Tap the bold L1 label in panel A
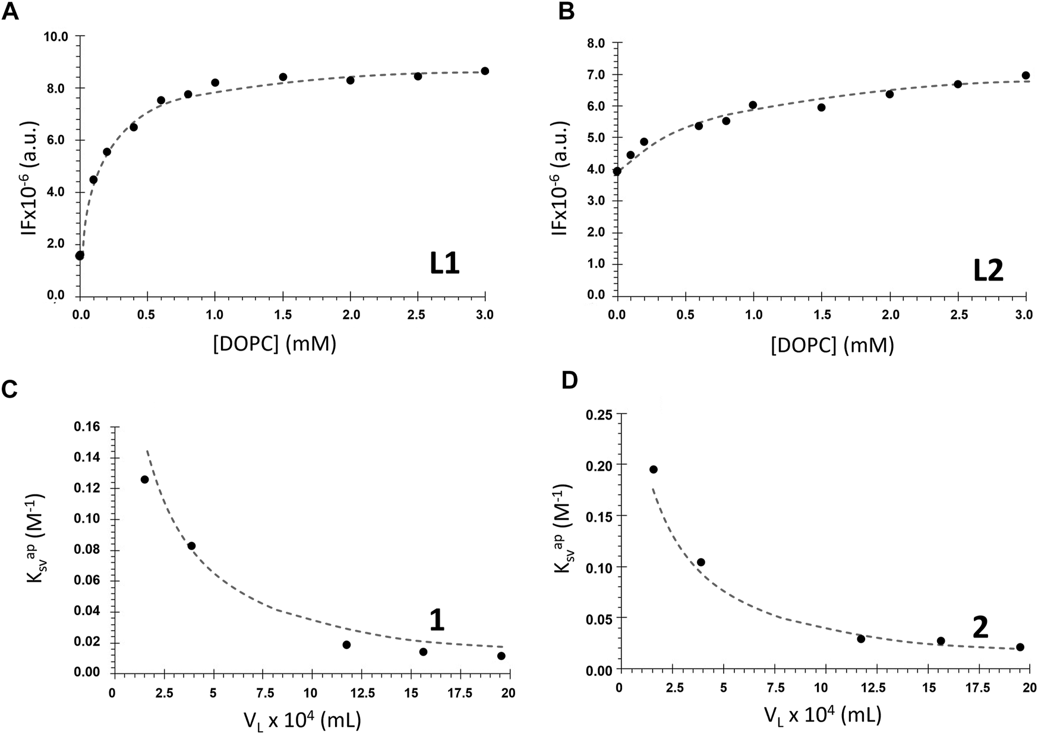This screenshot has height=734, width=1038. coord(444,264)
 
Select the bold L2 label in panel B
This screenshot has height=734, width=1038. coord(987,271)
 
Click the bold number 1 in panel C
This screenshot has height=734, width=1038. coord(437,621)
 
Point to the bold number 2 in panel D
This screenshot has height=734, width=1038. coord(980,628)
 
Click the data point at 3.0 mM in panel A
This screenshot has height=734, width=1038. coord(485,71)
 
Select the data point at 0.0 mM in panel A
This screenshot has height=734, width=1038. coord(80,256)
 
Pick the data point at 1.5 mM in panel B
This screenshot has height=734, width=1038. coord(821,108)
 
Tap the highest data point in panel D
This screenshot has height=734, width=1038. coord(654,470)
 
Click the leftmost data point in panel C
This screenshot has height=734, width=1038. coord(144,479)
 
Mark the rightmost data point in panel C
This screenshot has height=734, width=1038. coord(501,656)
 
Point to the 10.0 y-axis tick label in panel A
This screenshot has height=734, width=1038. coord(56,37)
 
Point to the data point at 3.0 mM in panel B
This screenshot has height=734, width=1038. coord(1026,75)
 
